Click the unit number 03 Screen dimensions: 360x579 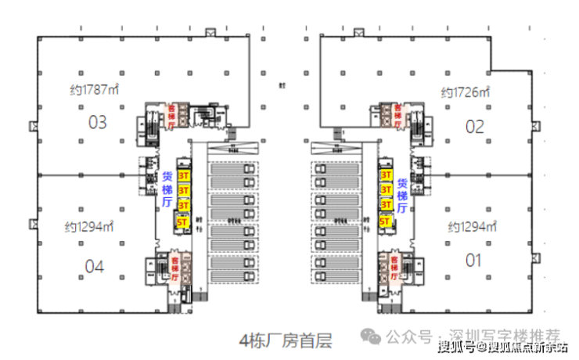tap(97, 122)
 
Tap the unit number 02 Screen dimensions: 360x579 tap(475, 126)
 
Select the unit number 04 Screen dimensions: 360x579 tap(94, 266)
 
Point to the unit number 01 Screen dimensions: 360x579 tap(473, 261)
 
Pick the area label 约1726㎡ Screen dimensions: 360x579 tap(466, 92)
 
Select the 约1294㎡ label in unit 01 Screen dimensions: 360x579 tap(473, 227)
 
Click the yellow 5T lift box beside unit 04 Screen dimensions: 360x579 tap(185, 221)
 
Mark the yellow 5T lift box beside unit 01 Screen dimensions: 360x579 tap(386, 221)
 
